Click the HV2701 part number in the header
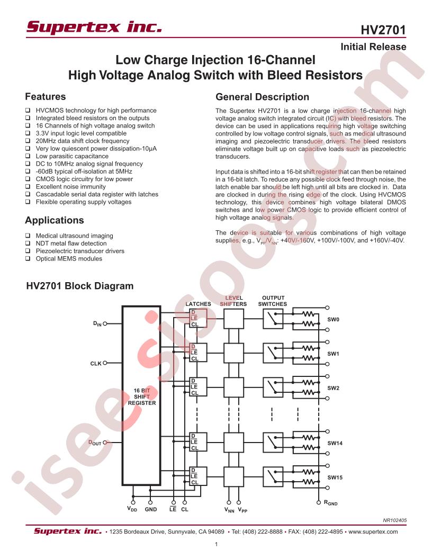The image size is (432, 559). tap(383, 30)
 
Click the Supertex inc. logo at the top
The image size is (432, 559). tap(94, 27)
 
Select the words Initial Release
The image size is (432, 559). tap(373, 47)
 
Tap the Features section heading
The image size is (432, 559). tap(46, 97)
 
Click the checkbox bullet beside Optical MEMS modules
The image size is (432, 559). tap(28, 258)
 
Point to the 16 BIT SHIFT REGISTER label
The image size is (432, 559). tap(142, 396)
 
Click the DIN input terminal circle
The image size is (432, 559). tap(105, 324)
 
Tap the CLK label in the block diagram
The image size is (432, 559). tap(95, 363)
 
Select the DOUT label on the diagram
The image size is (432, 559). tap(95, 443)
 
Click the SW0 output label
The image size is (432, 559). tap(334, 319)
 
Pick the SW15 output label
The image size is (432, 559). tap(335, 477)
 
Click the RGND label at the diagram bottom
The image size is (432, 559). tap(330, 503)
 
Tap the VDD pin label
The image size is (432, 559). tap(132, 509)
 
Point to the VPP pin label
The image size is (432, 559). tap(242, 510)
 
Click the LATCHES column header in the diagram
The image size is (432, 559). tap(198, 304)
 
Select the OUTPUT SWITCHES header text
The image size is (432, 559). tap(273, 301)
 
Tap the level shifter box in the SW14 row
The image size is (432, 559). tap(233, 443)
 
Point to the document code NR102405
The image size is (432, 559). tap(394, 520)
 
